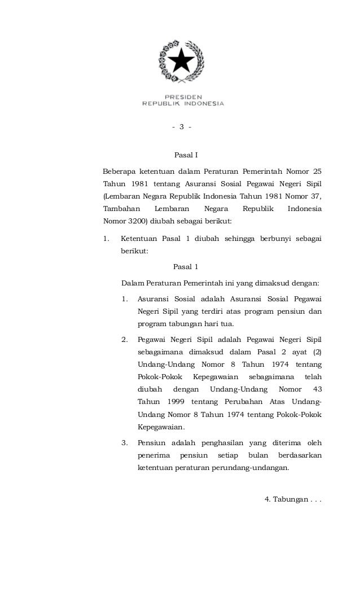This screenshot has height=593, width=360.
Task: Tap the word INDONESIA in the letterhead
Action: tap(201, 103)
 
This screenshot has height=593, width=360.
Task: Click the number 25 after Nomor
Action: tap(317, 171)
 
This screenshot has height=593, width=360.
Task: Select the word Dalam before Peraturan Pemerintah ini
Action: tap(131, 282)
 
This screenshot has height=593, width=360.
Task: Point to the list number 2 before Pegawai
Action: tap(124, 340)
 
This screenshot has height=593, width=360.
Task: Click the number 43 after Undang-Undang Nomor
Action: tap(316, 389)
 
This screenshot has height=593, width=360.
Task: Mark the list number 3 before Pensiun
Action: tap(124, 442)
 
